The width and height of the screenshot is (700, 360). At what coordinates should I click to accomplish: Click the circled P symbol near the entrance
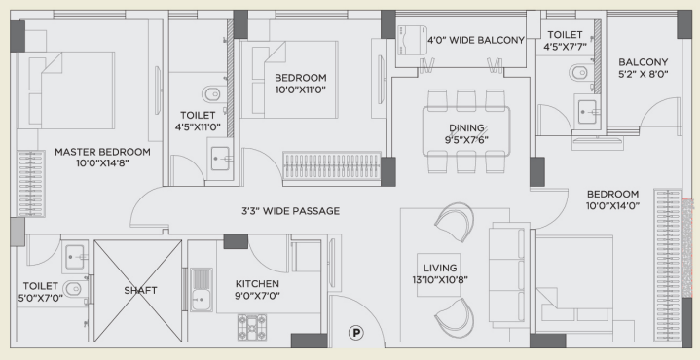(355, 333)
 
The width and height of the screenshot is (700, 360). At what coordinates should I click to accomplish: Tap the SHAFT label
(140, 290)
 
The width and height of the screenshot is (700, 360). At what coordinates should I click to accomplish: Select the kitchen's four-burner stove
(252, 327)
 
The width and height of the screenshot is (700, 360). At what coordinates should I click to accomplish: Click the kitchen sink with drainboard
(202, 290)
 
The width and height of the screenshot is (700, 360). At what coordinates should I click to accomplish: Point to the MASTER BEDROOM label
(102, 152)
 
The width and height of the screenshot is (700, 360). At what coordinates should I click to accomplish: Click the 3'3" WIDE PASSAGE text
(291, 211)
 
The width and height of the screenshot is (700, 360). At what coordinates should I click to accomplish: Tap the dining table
(466, 131)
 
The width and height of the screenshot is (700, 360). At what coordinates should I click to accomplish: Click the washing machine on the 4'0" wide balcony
(412, 39)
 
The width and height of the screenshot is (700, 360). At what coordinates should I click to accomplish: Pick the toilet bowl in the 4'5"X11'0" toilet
(211, 94)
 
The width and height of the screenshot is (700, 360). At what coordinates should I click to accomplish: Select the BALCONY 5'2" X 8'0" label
(643, 68)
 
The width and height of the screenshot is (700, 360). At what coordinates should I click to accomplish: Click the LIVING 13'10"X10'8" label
(440, 274)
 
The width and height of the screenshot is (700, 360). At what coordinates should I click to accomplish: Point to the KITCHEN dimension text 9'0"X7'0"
(258, 295)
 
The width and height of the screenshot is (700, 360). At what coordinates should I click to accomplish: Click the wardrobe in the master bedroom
(31, 184)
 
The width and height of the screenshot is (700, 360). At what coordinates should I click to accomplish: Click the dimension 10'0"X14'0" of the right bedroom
(613, 205)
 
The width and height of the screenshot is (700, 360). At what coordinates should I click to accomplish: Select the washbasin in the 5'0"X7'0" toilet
(75, 258)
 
